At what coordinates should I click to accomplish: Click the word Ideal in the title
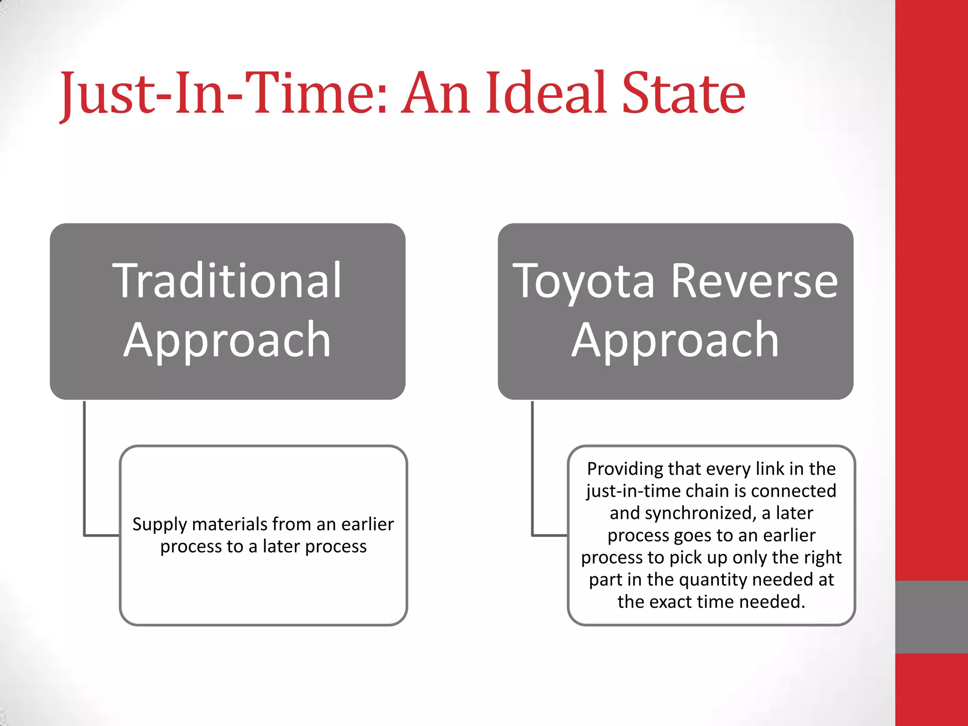pos(546,93)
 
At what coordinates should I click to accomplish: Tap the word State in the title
pos(683,93)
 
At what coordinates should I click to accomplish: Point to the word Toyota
pos(584,282)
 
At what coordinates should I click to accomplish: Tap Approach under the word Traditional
pos(227,340)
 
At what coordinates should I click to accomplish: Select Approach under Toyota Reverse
pos(675,340)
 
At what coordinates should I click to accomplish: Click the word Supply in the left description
pos(160,525)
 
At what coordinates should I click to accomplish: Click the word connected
pos(794,491)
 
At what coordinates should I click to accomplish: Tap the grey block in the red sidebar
pos(931,617)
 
